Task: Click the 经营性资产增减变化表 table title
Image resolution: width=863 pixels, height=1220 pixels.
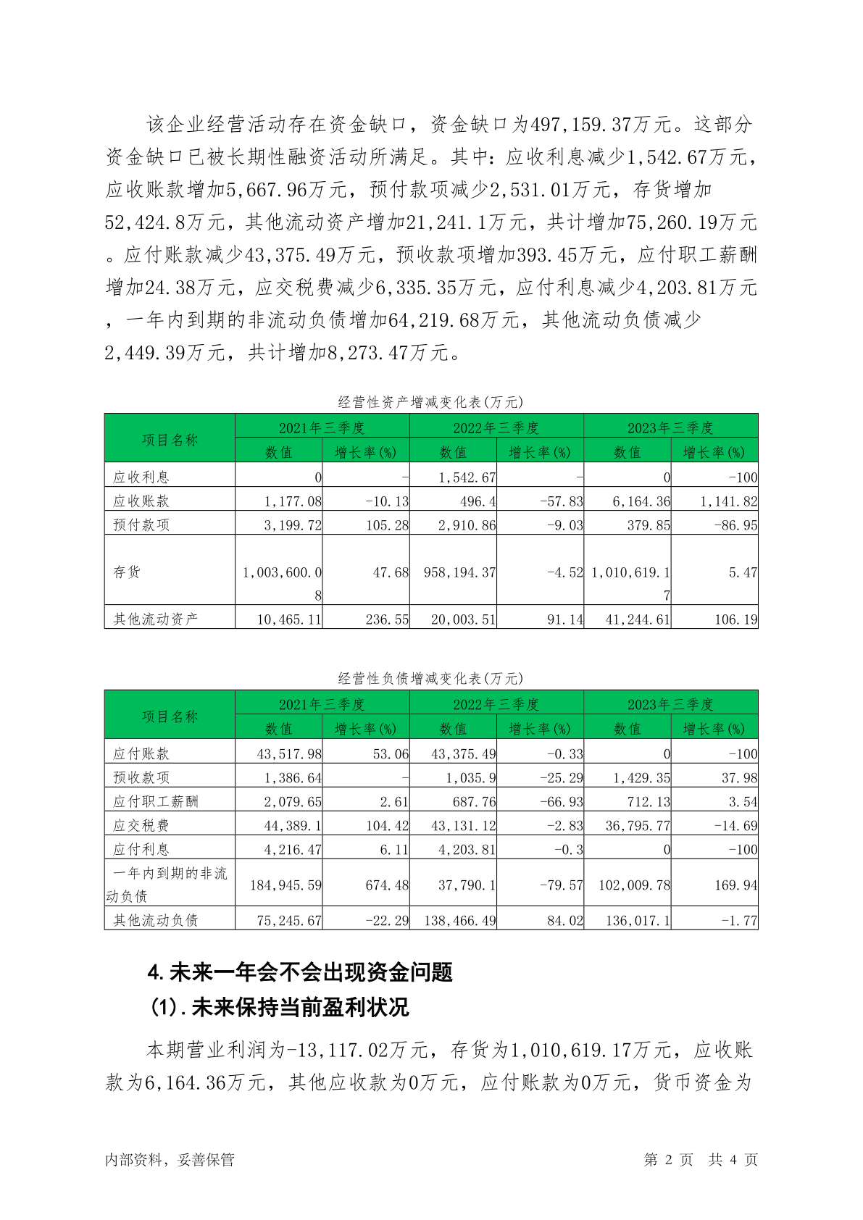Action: click(430, 402)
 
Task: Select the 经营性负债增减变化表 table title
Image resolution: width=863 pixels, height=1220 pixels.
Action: click(430, 679)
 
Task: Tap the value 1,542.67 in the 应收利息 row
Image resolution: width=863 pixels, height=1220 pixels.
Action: click(467, 477)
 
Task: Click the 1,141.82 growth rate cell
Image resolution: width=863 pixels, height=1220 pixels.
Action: click(728, 501)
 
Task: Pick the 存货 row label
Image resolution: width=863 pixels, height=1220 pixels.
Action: click(127, 572)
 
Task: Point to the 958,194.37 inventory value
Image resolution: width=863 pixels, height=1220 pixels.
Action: click(459, 572)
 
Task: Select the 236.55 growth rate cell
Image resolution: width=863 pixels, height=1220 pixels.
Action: click(387, 619)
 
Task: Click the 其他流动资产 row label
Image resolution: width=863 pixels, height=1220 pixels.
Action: click(155, 619)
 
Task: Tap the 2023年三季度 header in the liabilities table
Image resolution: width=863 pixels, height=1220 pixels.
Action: click(670, 704)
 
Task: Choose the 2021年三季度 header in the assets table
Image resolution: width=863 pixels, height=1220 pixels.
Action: click(322, 427)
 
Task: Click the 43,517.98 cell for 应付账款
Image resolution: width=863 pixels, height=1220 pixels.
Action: click(289, 754)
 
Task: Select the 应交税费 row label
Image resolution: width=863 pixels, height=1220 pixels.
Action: click(141, 826)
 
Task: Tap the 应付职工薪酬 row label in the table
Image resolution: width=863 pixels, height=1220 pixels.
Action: click(155, 802)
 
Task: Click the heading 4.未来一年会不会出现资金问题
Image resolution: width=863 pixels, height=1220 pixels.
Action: click(300, 972)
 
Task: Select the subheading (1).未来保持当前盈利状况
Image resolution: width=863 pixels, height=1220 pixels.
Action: click(279, 1007)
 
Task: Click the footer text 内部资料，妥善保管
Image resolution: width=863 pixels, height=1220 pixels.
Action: click(170, 1160)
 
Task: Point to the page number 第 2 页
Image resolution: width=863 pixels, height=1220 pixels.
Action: click(668, 1160)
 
